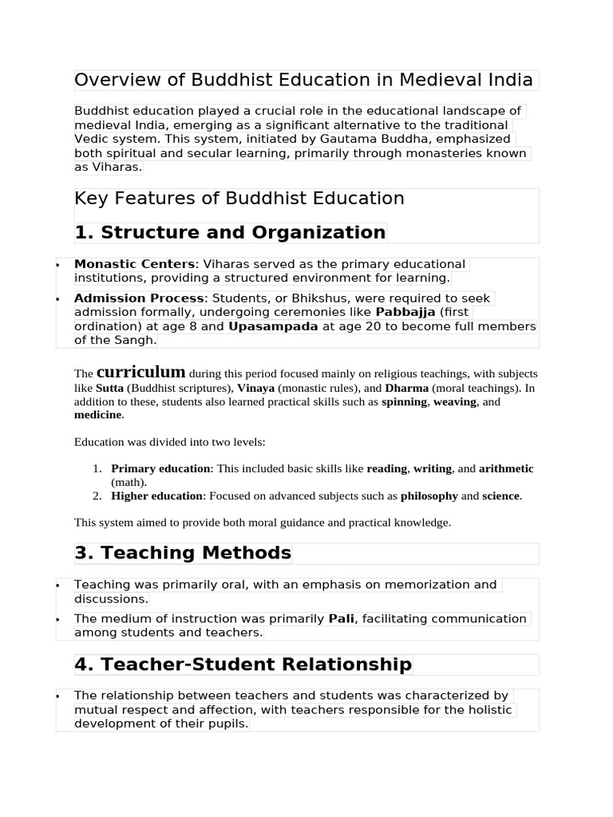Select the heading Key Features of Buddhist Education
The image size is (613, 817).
click(x=239, y=199)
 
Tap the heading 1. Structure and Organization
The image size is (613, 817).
click(x=230, y=232)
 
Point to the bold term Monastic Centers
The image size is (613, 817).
click(x=134, y=264)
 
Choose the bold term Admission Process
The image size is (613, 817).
click(x=139, y=298)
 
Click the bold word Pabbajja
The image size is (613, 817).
click(x=405, y=312)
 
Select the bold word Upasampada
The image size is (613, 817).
click(x=273, y=326)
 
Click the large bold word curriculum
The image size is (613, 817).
click(x=141, y=373)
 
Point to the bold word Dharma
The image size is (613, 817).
click(x=406, y=388)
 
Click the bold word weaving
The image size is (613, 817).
click(x=455, y=401)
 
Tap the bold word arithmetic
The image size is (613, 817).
click(x=506, y=468)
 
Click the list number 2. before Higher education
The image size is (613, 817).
click(x=97, y=495)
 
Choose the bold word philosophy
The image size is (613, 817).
click(x=429, y=495)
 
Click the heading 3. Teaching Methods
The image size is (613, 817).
click(x=183, y=553)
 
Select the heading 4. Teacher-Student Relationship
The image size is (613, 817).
click(x=243, y=664)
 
